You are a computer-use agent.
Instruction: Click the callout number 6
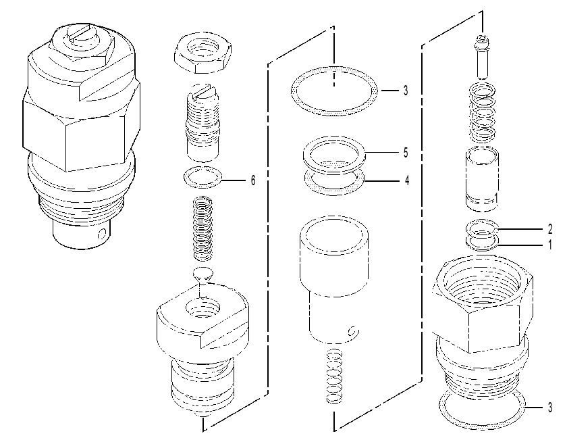[x=253, y=180]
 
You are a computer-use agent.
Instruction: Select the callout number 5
[x=406, y=152]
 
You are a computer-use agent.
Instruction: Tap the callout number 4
[x=407, y=180]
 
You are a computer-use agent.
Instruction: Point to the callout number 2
[x=550, y=229]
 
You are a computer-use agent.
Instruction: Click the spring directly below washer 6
[x=203, y=228]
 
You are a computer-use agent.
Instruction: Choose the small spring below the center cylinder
[x=335, y=376]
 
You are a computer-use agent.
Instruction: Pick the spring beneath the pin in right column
[x=483, y=113]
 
